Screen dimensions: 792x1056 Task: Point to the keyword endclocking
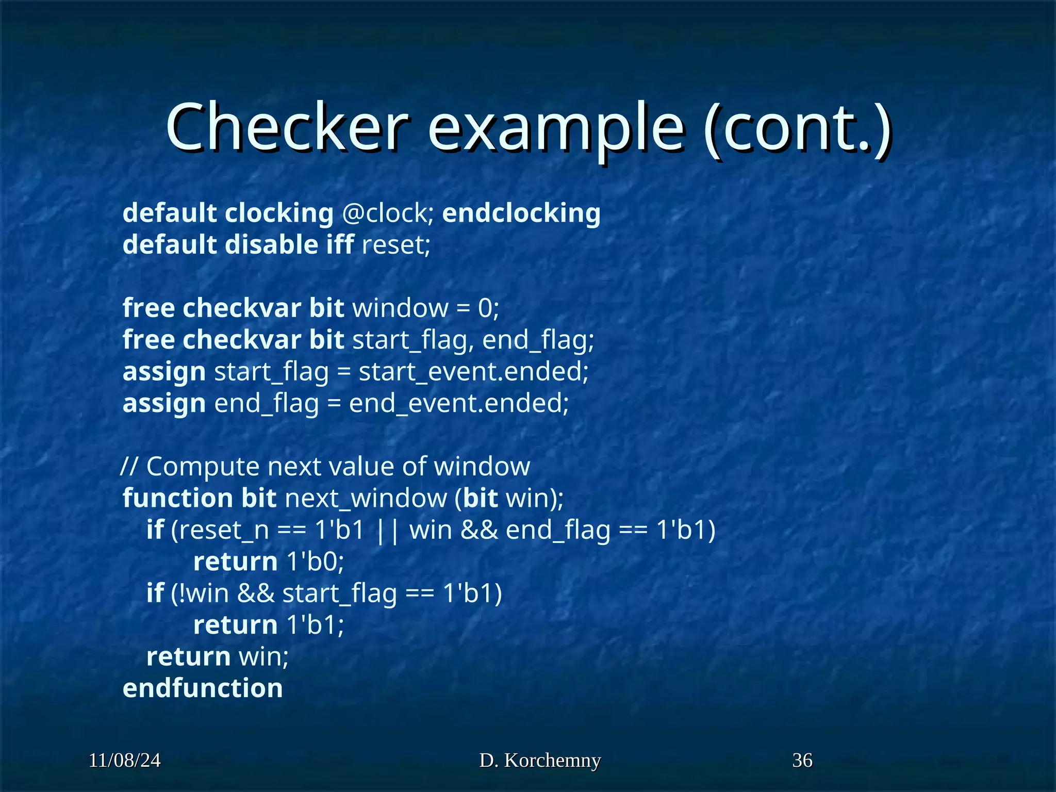[x=521, y=213]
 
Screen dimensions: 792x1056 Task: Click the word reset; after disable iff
[x=395, y=244]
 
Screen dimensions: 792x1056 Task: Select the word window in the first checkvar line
[x=400, y=308]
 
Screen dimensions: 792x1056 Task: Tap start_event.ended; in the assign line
[x=473, y=371]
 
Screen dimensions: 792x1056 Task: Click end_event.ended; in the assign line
[x=458, y=403]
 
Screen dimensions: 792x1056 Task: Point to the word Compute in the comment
[x=203, y=467]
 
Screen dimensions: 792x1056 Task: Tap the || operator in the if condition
[x=388, y=530]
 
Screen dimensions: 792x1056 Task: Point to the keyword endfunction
[x=203, y=688]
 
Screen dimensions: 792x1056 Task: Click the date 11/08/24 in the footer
[x=124, y=761]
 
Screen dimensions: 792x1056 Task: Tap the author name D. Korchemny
[x=540, y=761]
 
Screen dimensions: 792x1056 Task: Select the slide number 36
[x=802, y=761]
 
